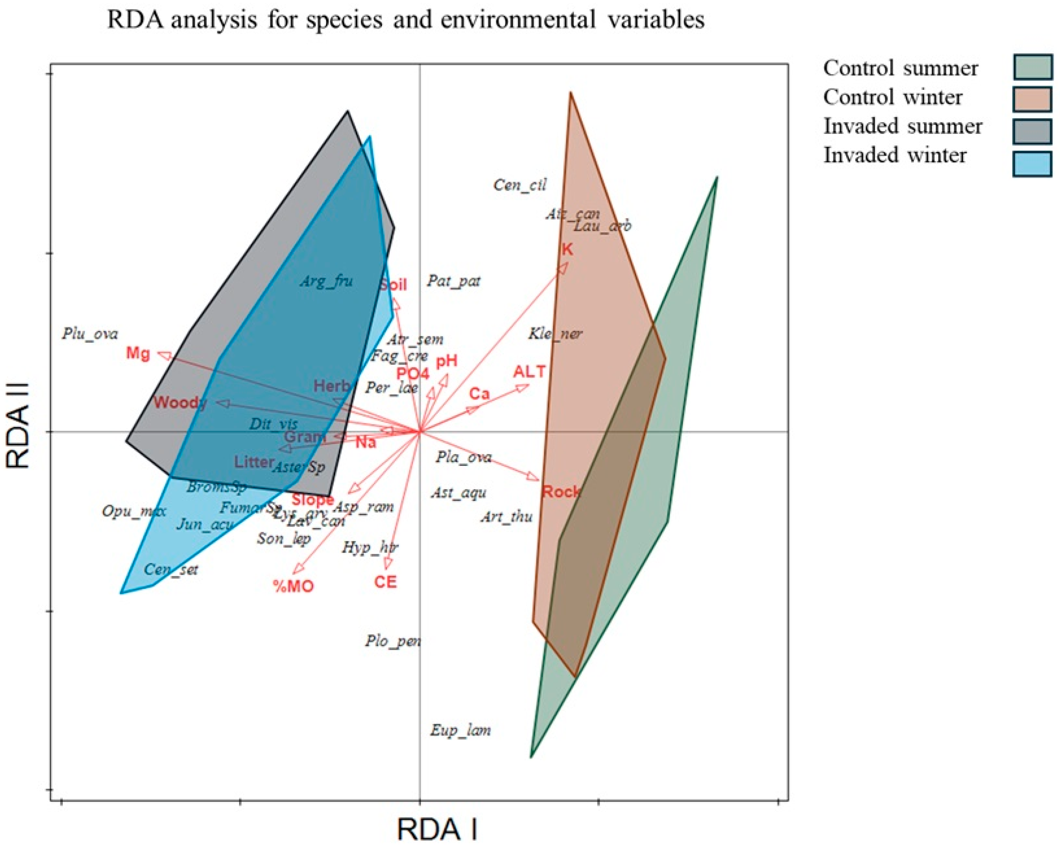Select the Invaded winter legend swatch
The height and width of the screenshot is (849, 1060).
point(1032,163)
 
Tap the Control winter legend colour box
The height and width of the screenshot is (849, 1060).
point(1032,99)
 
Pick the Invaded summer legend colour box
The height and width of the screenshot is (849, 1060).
point(1032,131)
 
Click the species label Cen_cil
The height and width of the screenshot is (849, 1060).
point(520,185)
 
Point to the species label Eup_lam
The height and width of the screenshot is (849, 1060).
point(461,730)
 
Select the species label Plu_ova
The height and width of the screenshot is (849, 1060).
point(90,334)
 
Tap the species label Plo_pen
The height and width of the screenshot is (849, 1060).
point(393,641)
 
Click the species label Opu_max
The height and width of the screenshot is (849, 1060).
point(134,511)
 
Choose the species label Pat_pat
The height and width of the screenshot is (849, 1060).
point(453,281)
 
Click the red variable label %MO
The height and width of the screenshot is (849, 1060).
point(294,585)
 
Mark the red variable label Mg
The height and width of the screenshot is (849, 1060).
point(138,353)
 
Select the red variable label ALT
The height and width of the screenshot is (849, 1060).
point(530,371)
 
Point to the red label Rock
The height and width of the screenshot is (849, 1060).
point(561,491)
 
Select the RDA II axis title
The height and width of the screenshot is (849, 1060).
point(18,426)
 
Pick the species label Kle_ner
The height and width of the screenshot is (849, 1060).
point(555,334)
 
